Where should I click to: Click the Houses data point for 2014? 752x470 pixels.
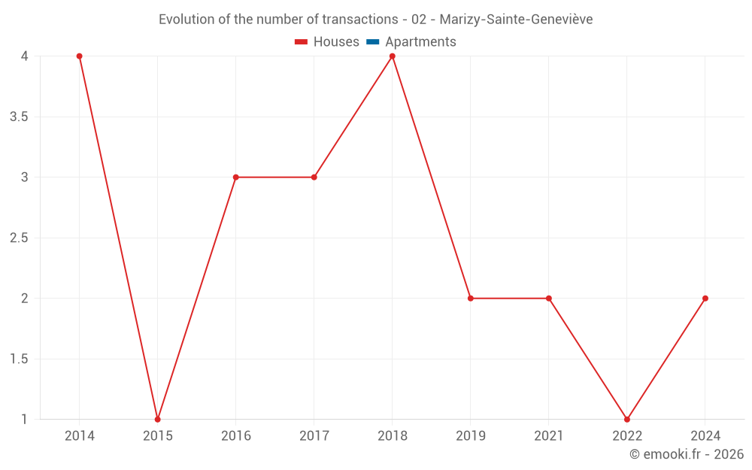tap(79, 56)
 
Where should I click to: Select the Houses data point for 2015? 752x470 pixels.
tap(157, 419)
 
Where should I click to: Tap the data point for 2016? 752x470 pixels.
tap(235, 177)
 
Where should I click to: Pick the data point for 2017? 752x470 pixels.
tap(314, 177)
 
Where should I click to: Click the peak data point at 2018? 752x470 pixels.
tap(392, 56)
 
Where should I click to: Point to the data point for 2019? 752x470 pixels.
tap(471, 299)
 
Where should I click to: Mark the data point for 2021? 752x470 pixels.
tap(549, 299)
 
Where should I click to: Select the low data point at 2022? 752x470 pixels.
tap(627, 419)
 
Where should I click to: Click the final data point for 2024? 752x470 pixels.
tap(705, 299)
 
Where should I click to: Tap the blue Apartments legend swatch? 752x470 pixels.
tap(373, 42)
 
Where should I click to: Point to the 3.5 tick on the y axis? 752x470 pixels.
tap(19, 117)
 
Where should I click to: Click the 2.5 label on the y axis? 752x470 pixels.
tap(19, 238)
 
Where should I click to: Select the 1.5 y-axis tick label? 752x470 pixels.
tap(19, 359)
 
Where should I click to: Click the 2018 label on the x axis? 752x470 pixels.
tap(392, 436)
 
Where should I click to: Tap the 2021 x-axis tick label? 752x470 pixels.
tap(549, 436)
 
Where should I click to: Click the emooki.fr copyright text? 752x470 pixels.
tap(687, 454)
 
